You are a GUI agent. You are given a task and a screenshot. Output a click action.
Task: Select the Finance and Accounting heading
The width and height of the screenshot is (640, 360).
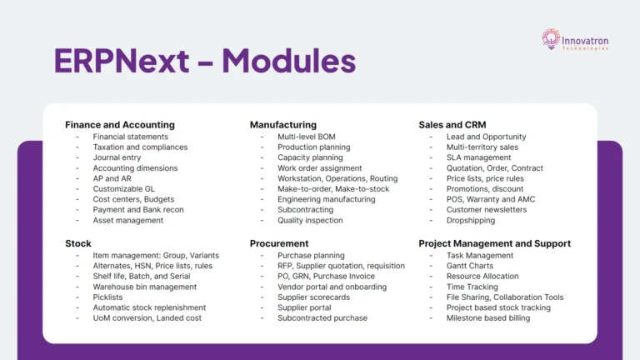pyautogui.click(x=120, y=125)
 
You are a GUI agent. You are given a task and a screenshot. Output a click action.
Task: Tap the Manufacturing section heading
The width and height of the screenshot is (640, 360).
pyautogui.click(x=283, y=125)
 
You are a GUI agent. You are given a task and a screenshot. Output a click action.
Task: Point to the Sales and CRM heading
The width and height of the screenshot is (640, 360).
pyautogui.click(x=453, y=125)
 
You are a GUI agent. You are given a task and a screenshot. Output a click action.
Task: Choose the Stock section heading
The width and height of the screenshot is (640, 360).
pyautogui.click(x=78, y=243)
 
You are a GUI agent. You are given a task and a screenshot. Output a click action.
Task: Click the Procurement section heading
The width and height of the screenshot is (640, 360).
pyautogui.click(x=279, y=243)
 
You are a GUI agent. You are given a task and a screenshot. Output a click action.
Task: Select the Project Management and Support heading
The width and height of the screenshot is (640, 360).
pyautogui.click(x=494, y=243)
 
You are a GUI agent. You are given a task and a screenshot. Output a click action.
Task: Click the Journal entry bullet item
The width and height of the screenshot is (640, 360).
pyautogui.click(x=117, y=157)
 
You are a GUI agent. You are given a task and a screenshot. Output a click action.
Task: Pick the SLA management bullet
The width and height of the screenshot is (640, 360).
pyautogui.click(x=478, y=157)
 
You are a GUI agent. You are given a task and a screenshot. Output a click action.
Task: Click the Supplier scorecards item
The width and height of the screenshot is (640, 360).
pyautogui.click(x=313, y=297)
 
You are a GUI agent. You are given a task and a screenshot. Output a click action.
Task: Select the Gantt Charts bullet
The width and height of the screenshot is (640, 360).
pyautogui.click(x=470, y=266)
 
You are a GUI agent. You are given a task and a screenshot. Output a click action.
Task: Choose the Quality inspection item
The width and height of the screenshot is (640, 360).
pyautogui.click(x=310, y=220)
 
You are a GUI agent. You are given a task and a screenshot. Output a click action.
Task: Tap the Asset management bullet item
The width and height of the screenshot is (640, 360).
pyautogui.click(x=128, y=220)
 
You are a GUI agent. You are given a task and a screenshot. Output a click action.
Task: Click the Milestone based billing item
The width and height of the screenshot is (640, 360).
pyautogui.click(x=488, y=317)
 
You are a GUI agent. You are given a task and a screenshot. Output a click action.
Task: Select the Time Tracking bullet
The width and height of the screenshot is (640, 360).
pyautogui.click(x=472, y=287)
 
